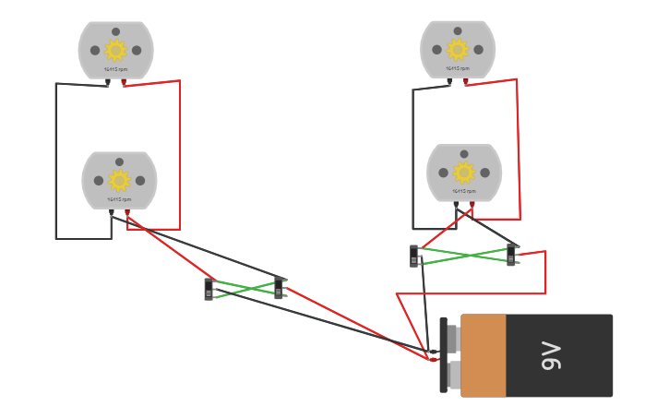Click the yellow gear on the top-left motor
coord(115,50)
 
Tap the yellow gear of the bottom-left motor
coord(119,180)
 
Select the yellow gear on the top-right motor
coord(458,49)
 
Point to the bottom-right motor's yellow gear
coord(464,172)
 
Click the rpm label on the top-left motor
coord(115,69)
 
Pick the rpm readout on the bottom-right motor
coord(464,191)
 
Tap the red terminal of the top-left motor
coord(124,82)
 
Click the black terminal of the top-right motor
coord(449,82)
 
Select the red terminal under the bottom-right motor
coord(472,205)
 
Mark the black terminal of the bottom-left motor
coord(112,212)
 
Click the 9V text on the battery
coord(551,355)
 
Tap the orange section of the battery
coord(484,355)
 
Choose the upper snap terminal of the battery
coord(452,339)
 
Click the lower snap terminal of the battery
coord(453,375)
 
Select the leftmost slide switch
coord(209,290)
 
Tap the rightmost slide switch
coord(511,255)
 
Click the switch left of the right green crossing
coord(414,256)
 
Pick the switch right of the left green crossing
coord(279,288)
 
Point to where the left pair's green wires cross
coord(245,289)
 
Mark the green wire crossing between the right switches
coord(464,255)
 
